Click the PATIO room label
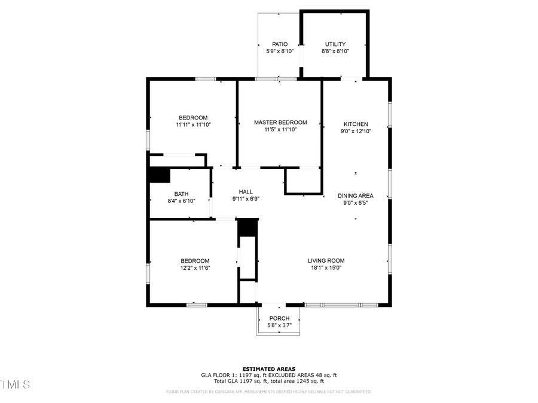pyautogui.click(x=280, y=44)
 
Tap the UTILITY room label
pyautogui.click(x=335, y=44)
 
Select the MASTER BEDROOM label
pyautogui.click(x=280, y=122)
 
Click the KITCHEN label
pyautogui.click(x=356, y=124)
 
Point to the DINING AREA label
pyautogui.click(x=356, y=196)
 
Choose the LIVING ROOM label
pyautogui.click(x=326, y=260)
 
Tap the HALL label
pyautogui.click(x=246, y=192)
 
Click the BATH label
pyautogui.click(x=181, y=194)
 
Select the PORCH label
pyautogui.click(x=279, y=318)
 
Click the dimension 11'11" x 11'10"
pyautogui.click(x=193, y=124)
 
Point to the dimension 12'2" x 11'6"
pyautogui.click(x=195, y=268)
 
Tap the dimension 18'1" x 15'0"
pyautogui.click(x=326, y=268)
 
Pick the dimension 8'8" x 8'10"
pyautogui.click(x=335, y=51)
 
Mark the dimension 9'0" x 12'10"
pyautogui.click(x=356, y=131)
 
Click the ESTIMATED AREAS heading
pyautogui.click(x=268, y=368)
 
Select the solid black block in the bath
pyautogui.click(x=159, y=175)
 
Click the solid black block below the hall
pyautogui.click(x=247, y=228)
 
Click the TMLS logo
pyautogui.click(x=15, y=384)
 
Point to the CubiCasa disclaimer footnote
pyautogui.click(x=268, y=392)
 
